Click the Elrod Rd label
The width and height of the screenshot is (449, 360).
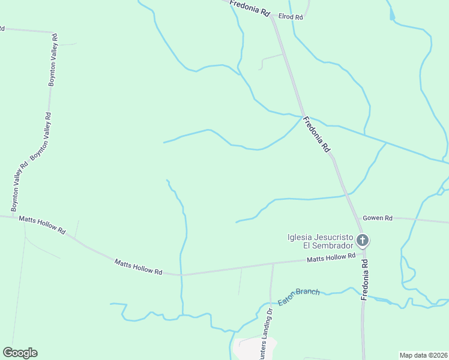pos(291,17)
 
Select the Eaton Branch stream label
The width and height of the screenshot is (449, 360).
pos(298,295)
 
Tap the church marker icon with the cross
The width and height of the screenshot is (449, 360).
pos(362,241)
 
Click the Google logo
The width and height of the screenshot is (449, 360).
pos(20,353)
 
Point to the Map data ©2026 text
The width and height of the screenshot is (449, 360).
pos(423,355)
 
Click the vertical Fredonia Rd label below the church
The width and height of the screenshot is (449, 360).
pos(364,280)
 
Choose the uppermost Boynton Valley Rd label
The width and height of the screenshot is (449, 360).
pos(53,60)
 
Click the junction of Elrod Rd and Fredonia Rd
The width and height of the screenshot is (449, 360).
pos(273,17)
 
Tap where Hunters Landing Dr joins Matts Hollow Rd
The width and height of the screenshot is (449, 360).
pos(273,263)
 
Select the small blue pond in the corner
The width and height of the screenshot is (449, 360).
pos(392,14)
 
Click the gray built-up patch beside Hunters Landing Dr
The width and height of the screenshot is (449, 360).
pos(257,347)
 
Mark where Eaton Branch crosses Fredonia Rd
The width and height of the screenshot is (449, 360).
pos(363,296)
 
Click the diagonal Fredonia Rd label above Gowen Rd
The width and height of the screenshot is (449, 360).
pos(316,134)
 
